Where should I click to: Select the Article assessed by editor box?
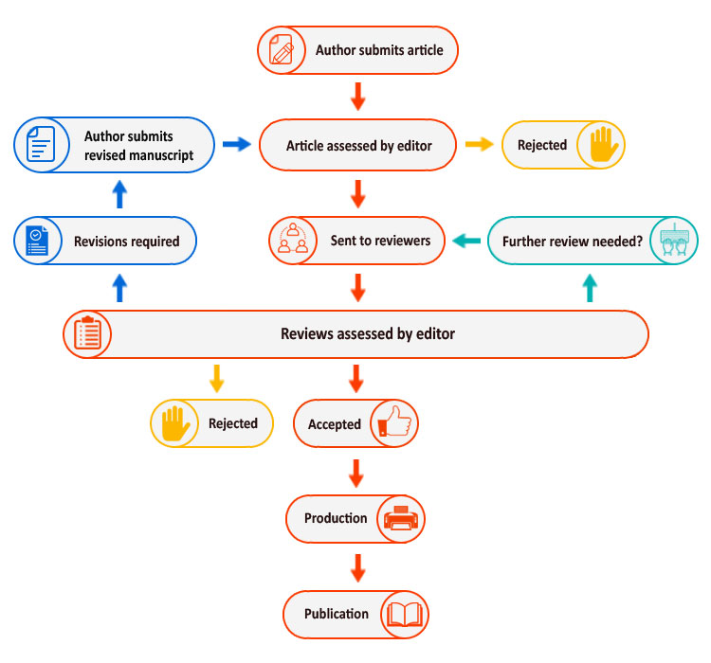click(358, 146)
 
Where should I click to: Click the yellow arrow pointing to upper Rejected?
click(479, 145)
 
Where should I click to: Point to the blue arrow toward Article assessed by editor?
click(236, 145)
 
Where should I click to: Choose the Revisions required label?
click(126, 242)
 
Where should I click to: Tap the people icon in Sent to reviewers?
click(292, 240)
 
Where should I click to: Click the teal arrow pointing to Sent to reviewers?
click(465, 241)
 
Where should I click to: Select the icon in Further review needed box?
click(675, 241)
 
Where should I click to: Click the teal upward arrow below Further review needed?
click(589, 287)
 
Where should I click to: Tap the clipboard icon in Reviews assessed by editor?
click(88, 333)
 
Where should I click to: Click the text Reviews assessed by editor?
click(368, 333)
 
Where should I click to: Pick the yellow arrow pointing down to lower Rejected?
click(216, 378)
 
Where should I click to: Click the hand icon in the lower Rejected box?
click(174, 423)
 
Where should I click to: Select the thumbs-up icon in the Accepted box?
click(393, 423)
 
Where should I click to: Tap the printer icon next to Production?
click(401, 518)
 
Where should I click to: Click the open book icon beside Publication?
click(405, 615)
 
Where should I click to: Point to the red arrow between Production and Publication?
click(357, 566)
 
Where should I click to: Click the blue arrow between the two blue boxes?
click(119, 194)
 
